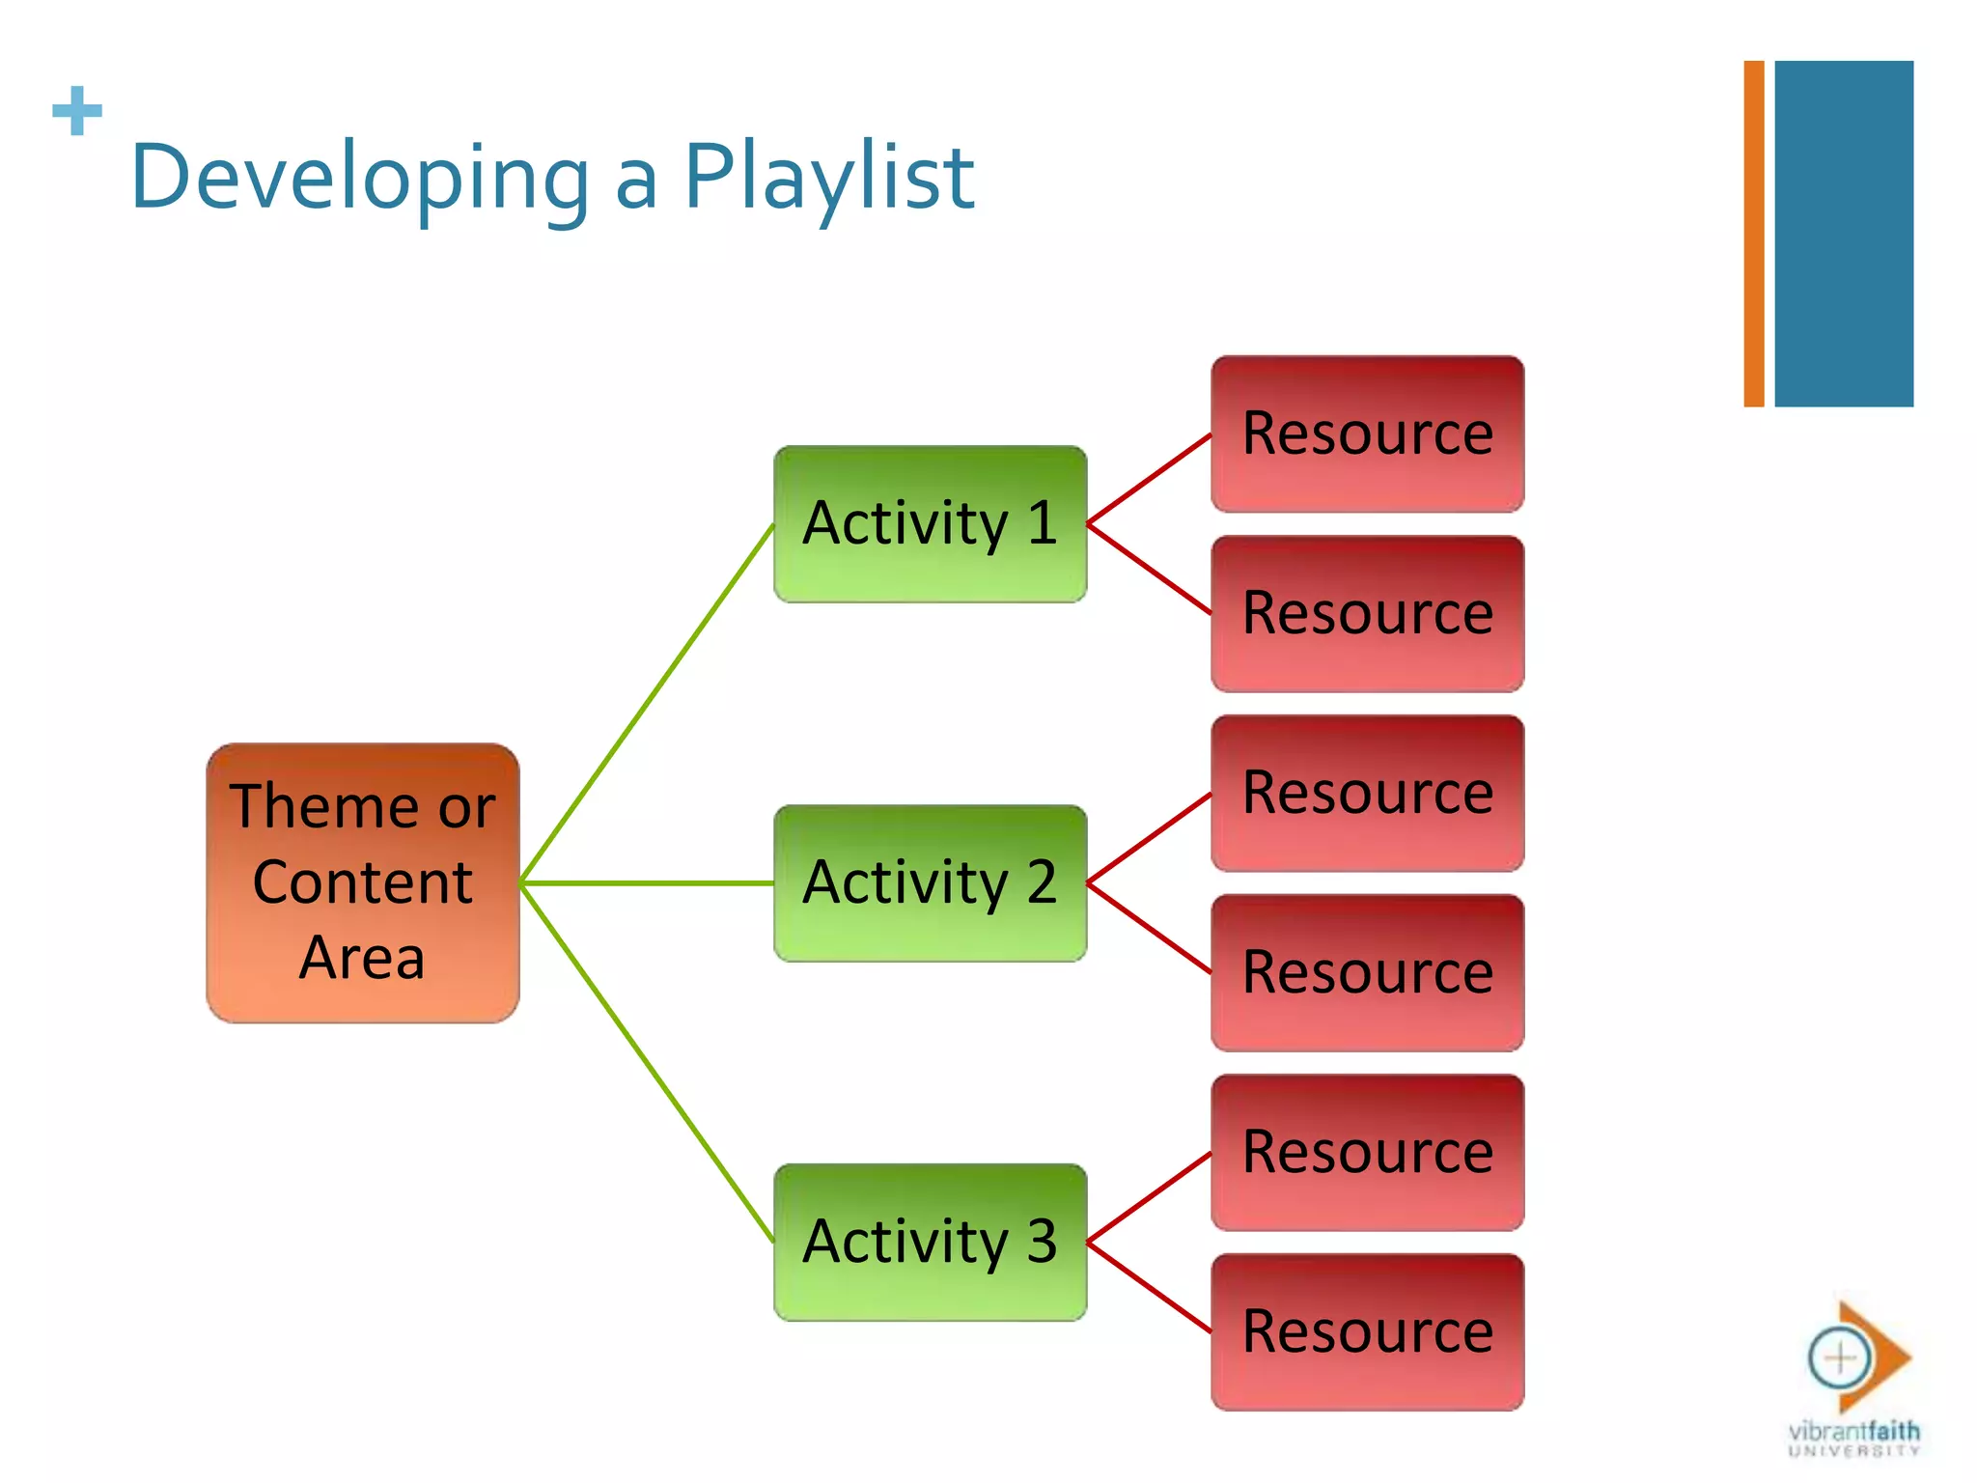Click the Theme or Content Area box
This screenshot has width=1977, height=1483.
pos(362,882)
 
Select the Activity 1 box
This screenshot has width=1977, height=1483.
pos(930,523)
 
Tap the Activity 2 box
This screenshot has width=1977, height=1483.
pos(930,882)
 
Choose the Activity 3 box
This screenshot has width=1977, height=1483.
pos(930,1242)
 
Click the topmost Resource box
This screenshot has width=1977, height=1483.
pos(1367,434)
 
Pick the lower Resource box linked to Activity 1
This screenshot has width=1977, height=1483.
pos(1367,613)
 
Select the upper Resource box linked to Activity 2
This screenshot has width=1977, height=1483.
pos(1367,793)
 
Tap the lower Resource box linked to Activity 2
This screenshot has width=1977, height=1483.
pos(1367,972)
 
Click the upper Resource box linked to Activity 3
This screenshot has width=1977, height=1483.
pos(1367,1152)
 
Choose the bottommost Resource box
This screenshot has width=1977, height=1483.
pos(1367,1331)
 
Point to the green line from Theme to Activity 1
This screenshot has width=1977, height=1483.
pos(647,703)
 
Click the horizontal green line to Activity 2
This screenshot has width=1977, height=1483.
pos(647,882)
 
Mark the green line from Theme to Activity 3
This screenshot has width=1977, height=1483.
pos(647,1062)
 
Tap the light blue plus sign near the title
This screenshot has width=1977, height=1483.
pos(77,111)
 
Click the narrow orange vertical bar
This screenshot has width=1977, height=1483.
pos(1753,234)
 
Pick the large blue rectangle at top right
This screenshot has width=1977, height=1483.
pos(1843,234)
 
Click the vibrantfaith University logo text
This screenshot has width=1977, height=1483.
pos(1853,1437)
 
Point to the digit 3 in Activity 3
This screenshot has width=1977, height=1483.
pos(1041,1242)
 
